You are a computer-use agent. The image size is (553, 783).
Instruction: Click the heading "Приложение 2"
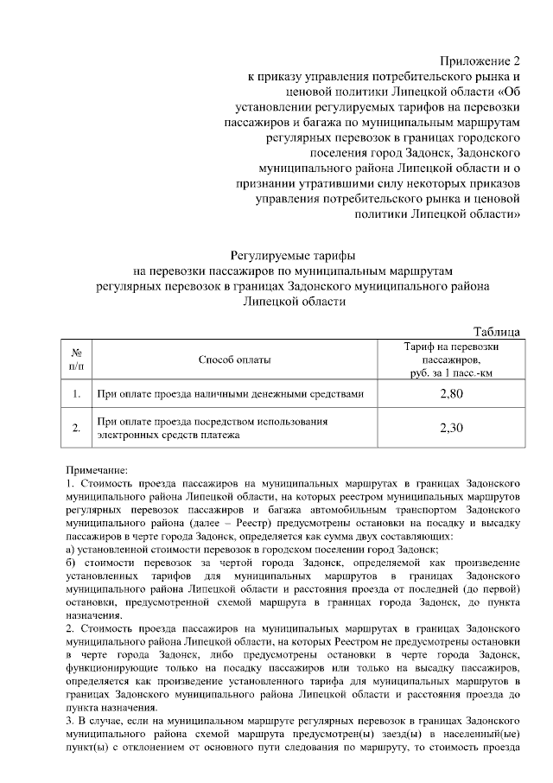pos(481,61)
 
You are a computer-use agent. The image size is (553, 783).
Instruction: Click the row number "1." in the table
pos(76,395)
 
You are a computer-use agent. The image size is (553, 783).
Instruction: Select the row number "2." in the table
pos(76,428)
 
